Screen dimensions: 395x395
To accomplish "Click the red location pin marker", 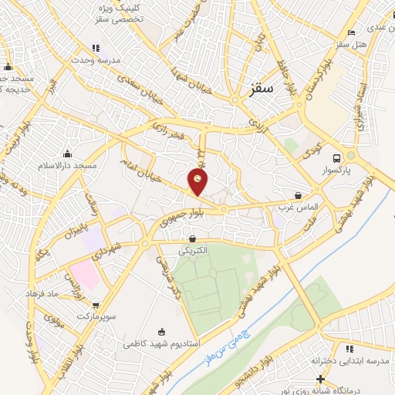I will [x=198, y=182].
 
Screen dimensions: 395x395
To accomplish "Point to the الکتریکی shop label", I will [x=193, y=251].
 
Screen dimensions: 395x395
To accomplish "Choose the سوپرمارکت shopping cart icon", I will [x=96, y=305].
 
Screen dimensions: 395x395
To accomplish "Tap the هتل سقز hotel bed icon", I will [x=351, y=32].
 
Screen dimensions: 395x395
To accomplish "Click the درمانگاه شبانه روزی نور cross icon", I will [x=321, y=378].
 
